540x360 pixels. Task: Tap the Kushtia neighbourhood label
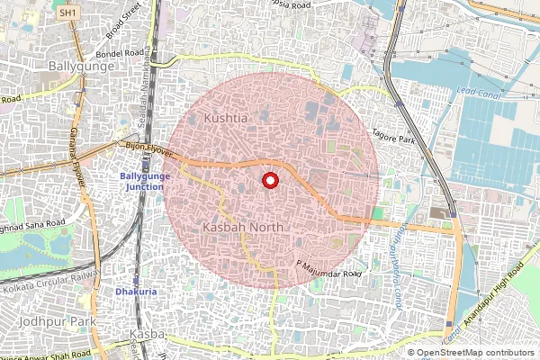pyautogui.click(x=225, y=119)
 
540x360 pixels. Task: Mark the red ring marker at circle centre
pyautogui.click(x=268, y=181)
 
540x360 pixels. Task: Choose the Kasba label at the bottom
pyautogui.click(x=142, y=334)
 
